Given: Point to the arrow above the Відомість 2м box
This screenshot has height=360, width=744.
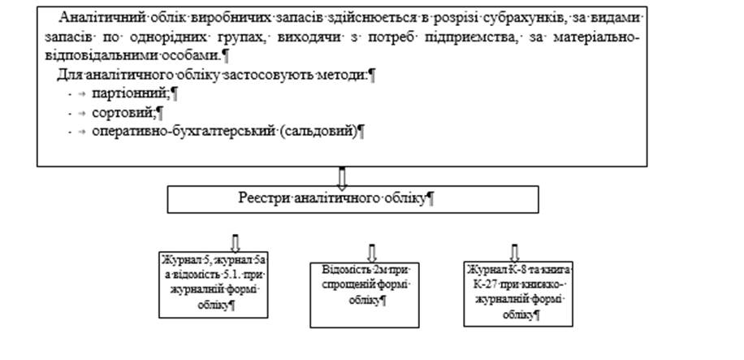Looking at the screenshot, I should pos(373,251).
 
